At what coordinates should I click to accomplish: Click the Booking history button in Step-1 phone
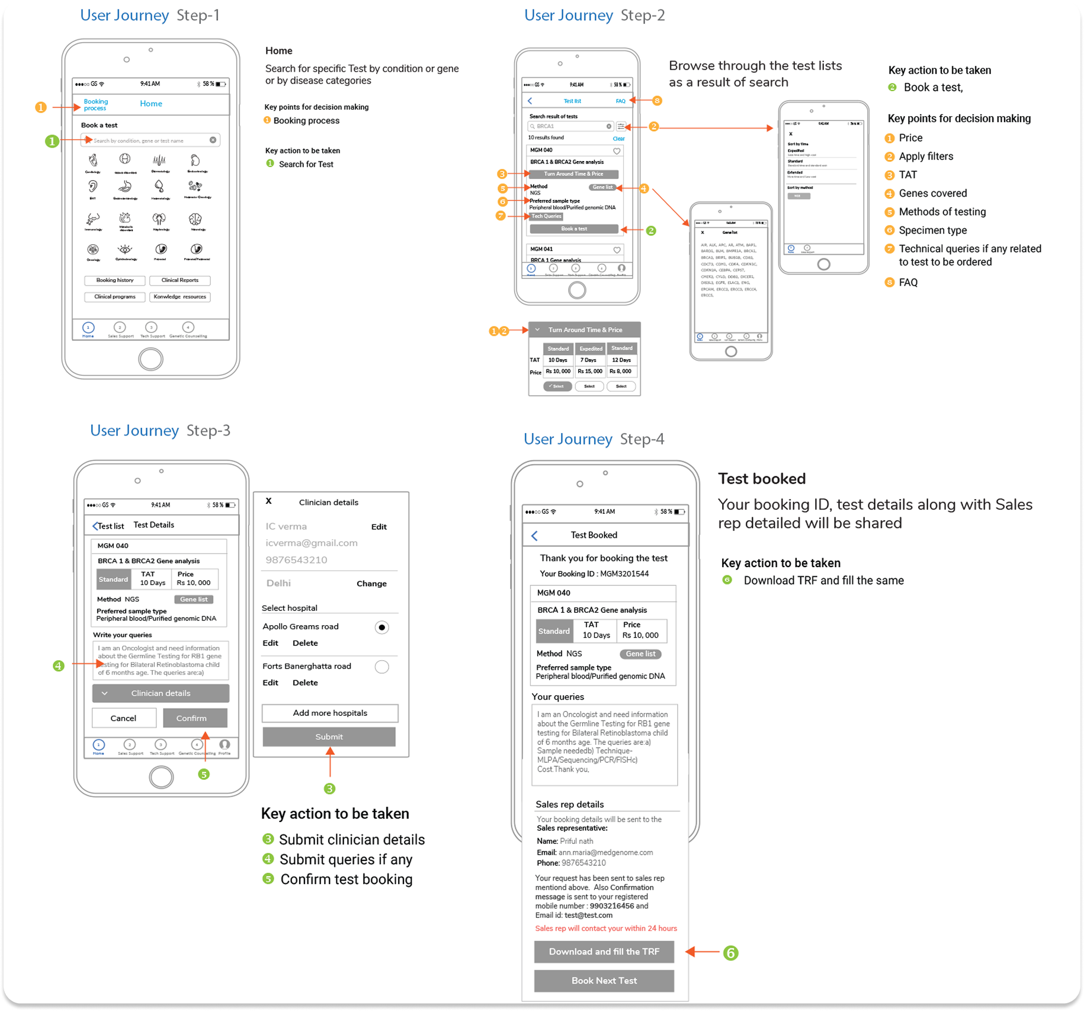115,280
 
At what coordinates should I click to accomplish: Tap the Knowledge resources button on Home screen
180,297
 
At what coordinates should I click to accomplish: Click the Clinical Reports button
180,280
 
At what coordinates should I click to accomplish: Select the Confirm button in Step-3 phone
191,718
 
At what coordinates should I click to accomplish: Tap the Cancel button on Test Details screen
123,718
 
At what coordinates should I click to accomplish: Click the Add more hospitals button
330,713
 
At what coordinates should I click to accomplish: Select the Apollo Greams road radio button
382,627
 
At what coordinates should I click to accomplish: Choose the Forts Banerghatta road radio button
382,667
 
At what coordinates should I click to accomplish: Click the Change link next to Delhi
371,584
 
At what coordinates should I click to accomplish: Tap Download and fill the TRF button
604,952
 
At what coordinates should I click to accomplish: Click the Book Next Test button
604,981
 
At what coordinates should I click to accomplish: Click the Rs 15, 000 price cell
590,372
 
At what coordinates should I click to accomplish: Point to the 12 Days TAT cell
621,360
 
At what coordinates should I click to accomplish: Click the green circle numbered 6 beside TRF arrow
730,953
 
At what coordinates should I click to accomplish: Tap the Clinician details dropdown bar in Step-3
161,693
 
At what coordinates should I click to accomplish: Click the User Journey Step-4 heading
594,439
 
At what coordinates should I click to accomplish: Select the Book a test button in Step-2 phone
573,229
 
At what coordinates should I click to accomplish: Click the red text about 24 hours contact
606,929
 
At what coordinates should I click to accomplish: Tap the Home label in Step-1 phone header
151,104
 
